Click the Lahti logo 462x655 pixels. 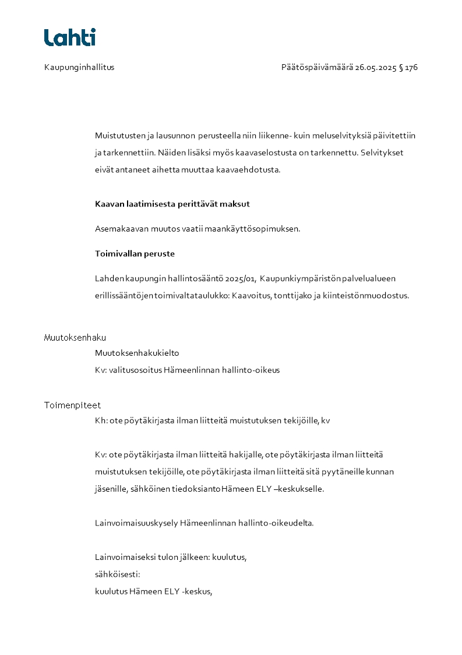[69, 37]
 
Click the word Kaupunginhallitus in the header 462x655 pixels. [79, 67]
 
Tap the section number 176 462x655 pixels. [411, 67]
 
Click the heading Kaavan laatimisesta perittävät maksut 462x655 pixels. [172, 204]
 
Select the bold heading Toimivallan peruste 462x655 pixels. [135, 254]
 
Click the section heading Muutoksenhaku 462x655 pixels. [75, 338]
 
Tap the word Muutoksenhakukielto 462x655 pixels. [137, 353]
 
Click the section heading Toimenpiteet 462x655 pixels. [72, 405]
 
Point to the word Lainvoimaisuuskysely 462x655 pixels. [136, 523]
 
